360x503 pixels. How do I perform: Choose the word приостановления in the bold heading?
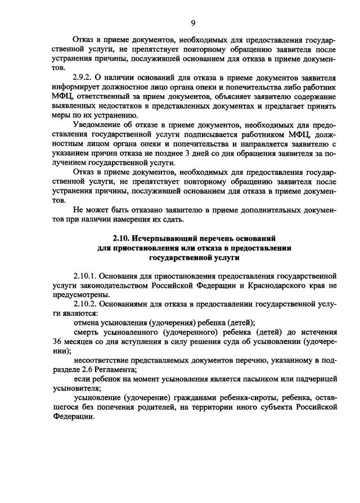click(x=142, y=248)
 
